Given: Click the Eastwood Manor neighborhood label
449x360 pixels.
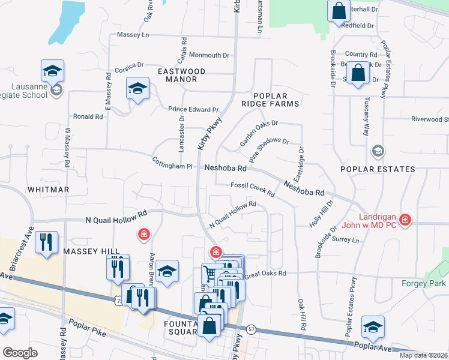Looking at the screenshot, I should pos(181,75).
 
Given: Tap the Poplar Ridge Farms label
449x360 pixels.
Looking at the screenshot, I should pos(276,100).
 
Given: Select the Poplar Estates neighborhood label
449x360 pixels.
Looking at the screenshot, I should pos(378,169).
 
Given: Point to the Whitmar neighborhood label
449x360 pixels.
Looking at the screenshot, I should pos(48,189).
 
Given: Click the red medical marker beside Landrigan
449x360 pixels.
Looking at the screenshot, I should pos(406,220).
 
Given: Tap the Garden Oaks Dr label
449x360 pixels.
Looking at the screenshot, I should pos(259,133).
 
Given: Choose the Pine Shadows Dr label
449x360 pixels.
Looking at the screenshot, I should pos(269,151).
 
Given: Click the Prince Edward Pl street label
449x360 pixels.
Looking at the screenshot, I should pos(193,109).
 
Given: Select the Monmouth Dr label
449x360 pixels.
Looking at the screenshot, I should pos(209,55).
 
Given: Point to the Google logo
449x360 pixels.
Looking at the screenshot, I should pos(20,352).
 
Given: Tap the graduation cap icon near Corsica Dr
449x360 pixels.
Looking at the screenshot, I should pos(137,89).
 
